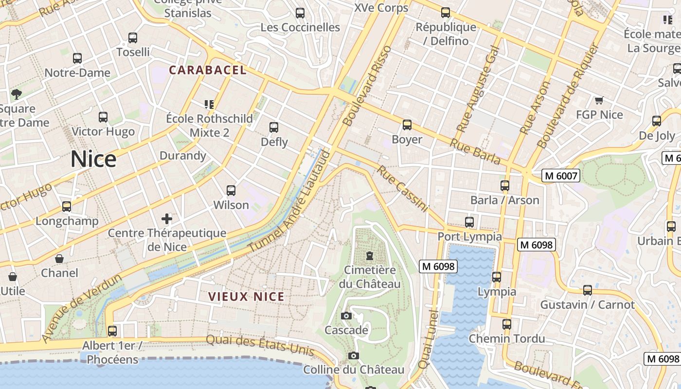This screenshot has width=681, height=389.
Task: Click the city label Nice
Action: [x=93, y=159]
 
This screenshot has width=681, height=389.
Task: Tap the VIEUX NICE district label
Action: [x=246, y=297]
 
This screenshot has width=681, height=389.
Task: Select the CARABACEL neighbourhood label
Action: [x=208, y=70]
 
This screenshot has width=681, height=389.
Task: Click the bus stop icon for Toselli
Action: [x=133, y=38]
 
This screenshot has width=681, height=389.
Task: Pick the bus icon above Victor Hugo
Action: [x=103, y=117]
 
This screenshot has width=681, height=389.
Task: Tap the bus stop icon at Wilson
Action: [x=231, y=191]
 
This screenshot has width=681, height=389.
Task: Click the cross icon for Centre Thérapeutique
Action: [x=167, y=219]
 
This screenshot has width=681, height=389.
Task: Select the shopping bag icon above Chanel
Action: [x=59, y=259]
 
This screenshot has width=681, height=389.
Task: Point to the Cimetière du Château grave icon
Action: [x=370, y=256]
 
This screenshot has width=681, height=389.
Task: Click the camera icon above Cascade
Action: [x=346, y=316]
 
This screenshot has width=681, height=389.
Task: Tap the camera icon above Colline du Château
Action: [x=354, y=356]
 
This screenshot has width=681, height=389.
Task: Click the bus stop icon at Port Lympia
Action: [x=469, y=222]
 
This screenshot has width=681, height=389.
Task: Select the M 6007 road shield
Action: [x=561, y=176]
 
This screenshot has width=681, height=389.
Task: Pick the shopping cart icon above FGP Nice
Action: [x=599, y=101]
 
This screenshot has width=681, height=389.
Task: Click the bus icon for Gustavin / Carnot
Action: [x=588, y=291]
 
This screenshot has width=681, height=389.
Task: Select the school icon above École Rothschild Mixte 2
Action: [x=209, y=104]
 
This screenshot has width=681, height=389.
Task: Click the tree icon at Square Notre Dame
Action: [x=17, y=94]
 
